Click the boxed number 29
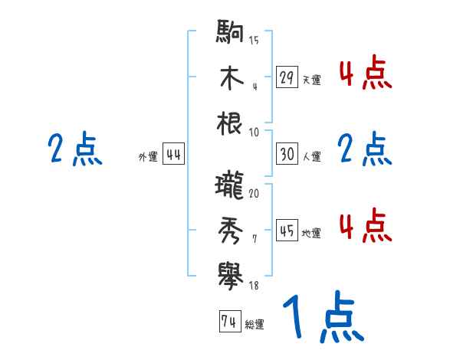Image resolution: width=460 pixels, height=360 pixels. (287, 78)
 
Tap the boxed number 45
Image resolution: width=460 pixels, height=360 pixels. (287, 231)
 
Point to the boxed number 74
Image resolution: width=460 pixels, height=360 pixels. (228, 322)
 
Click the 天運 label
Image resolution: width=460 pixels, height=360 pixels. (311, 80)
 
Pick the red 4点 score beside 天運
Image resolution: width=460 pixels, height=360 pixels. (365, 75)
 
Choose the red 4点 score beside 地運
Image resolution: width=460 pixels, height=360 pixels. (365, 227)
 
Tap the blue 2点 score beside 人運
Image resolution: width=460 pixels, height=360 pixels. (365, 149)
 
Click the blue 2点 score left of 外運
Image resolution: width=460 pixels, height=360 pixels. (75, 149)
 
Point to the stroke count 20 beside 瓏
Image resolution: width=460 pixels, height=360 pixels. (254, 193)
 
